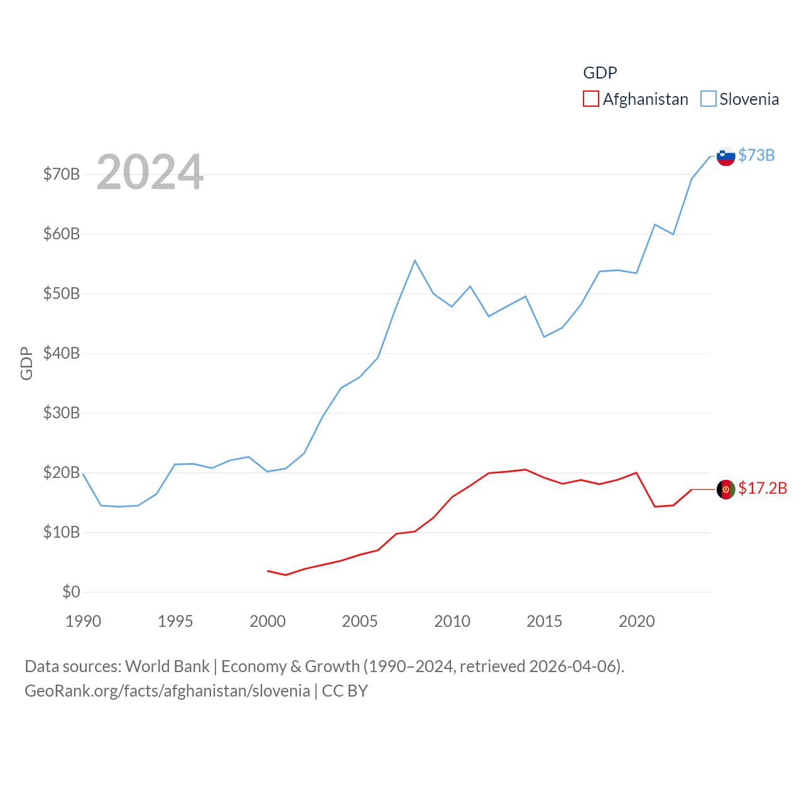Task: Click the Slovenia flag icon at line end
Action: click(x=725, y=156)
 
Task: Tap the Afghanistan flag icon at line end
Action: click(x=725, y=489)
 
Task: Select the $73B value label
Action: click(x=756, y=155)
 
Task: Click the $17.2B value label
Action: click(x=763, y=488)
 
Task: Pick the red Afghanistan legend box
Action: click(x=591, y=99)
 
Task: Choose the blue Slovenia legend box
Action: click(x=708, y=99)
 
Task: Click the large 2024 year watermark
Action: click(x=149, y=171)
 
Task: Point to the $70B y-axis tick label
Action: click(x=62, y=174)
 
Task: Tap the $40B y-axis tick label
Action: click(x=62, y=353)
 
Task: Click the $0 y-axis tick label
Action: click(x=71, y=592)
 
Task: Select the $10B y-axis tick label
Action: click(x=62, y=532)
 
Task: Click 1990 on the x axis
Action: click(x=84, y=621)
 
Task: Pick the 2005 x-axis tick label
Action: click(x=360, y=621)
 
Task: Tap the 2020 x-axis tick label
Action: click(x=637, y=621)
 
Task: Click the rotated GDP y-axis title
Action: click(x=26, y=363)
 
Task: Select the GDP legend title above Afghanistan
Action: click(x=600, y=73)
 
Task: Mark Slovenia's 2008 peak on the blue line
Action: click(x=415, y=260)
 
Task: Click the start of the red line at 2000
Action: click(x=268, y=570)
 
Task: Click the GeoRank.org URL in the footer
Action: click(x=167, y=691)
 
